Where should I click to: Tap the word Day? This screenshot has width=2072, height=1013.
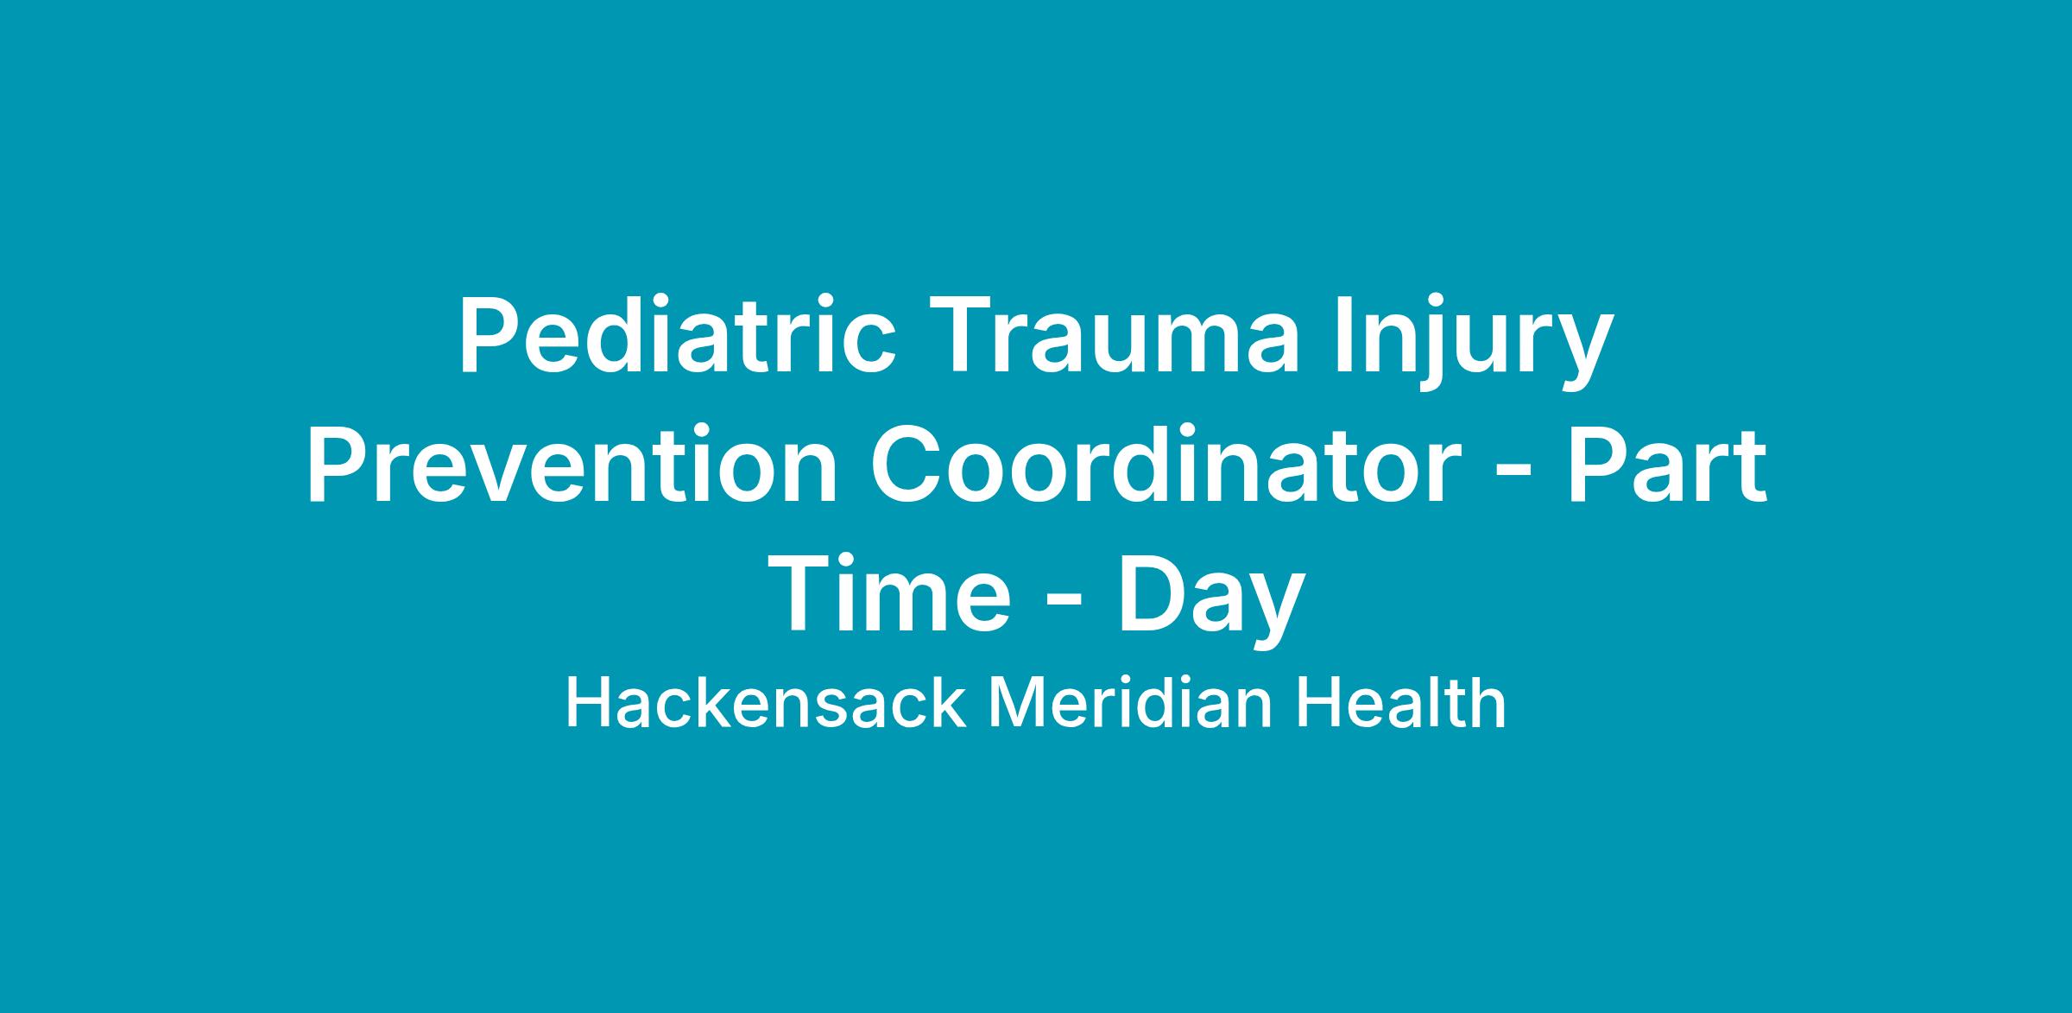pos(1210,602)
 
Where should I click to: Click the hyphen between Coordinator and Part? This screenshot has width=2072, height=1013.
pos(1514,474)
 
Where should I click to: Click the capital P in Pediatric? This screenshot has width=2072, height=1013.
pos(489,337)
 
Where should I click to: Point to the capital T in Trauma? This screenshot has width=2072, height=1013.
pos(958,337)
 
